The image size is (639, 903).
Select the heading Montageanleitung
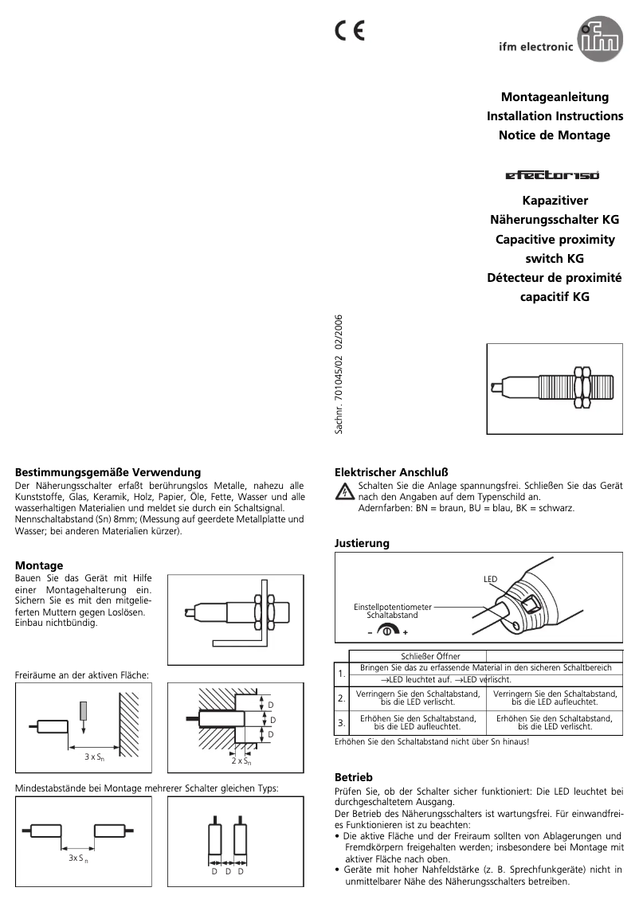pyautogui.click(x=555, y=97)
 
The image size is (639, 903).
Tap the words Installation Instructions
pyautogui.click(x=555, y=116)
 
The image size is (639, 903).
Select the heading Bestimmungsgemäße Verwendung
pyautogui.click(x=108, y=472)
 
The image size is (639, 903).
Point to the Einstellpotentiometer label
pyautogui.click(x=392, y=607)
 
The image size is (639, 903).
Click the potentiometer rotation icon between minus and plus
pyautogui.click(x=386, y=630)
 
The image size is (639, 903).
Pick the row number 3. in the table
pyautogui.click(x=341, y=723)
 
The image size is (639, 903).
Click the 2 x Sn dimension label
pyautogui.click(x=241, y=761)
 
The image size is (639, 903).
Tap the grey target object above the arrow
pyautogui.click(x=84, y=708)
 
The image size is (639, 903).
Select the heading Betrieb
pyautogui.click(x=353, y=776)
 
